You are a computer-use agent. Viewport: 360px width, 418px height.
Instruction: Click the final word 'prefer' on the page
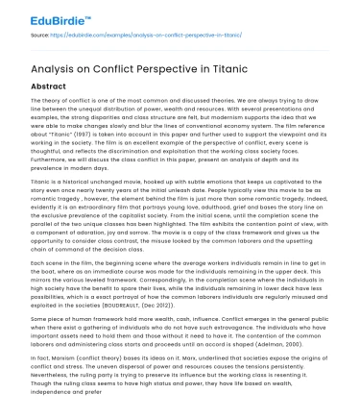(91, 413)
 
